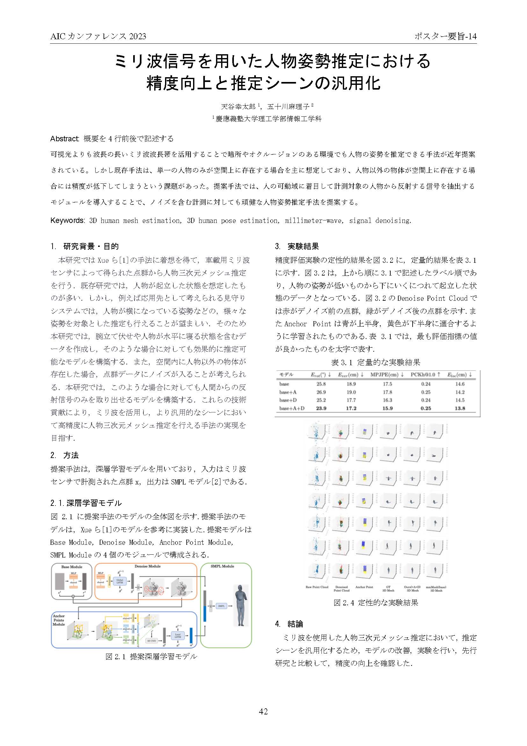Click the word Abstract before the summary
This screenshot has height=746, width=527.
click(65, 139)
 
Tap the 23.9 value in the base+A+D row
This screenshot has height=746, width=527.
click(321, 409)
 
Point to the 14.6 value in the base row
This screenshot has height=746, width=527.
click(460, 384)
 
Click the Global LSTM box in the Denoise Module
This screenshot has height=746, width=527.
click(120, 581)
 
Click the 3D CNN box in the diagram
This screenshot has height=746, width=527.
click(152, 641)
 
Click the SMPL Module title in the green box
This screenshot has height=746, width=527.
click(222, 566)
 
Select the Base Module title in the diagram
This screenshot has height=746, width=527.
click(72, 567)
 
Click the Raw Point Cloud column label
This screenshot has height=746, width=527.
click(317, 587)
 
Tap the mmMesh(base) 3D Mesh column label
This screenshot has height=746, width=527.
click(436, 589)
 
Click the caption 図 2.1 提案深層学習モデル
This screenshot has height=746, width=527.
click(151, 657)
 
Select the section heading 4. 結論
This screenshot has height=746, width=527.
click(289, 624)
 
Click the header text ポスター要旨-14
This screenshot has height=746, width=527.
click(445, 36)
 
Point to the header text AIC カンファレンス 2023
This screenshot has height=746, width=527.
click(98, 36)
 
